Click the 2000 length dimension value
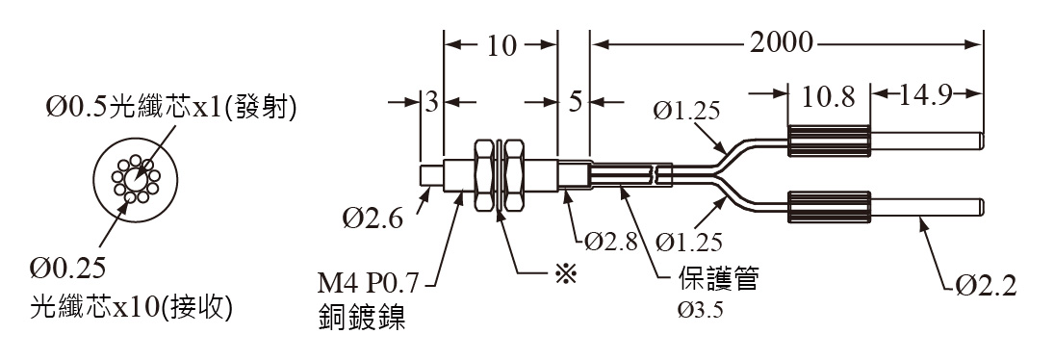(781, 43)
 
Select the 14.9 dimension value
(925, 95)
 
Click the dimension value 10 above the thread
(501, 45)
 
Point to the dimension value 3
(431, 102)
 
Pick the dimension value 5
(574, 102)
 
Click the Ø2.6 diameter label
(373, 219)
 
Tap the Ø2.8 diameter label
(610, 240)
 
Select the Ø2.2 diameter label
(986, 286)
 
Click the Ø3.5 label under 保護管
(700, 310)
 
